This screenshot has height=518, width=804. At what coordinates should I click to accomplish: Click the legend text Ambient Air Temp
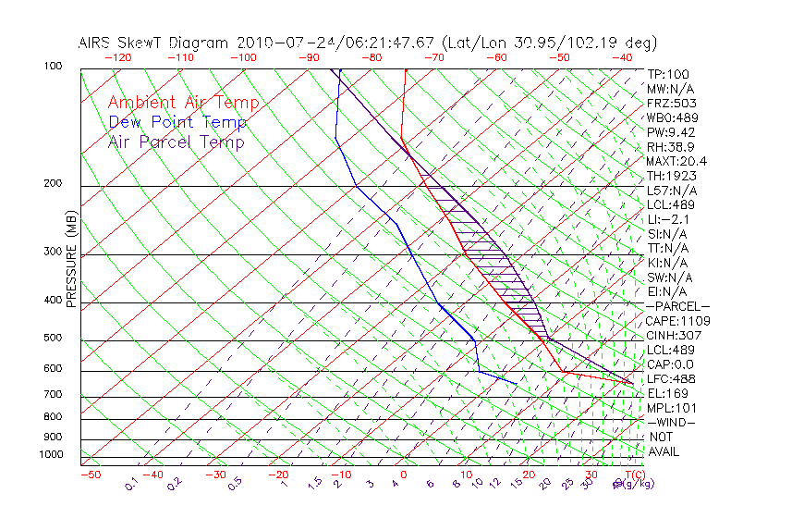click(x=183, y=104)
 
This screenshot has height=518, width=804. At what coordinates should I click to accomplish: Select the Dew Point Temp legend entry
click(x=177, y=123)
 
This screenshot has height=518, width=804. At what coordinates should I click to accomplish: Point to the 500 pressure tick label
click(x=53, y=339)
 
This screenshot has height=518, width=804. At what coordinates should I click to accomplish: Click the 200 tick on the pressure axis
click(x=53, y=184)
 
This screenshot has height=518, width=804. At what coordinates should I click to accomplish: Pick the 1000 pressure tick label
click(x=51, y=455)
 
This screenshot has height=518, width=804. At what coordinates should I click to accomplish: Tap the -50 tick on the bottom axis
click(x=90, y=475)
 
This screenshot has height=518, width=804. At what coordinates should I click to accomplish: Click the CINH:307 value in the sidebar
click(x=673, y=336)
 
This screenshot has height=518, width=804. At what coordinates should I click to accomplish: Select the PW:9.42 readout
click(x=670, y=132)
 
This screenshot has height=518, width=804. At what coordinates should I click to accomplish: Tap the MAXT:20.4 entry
click(x=676, y=161)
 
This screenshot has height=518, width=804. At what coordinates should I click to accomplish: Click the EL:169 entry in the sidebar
click(x=667, y=393)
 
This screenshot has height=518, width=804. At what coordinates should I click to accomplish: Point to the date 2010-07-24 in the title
click(x=276, y=43)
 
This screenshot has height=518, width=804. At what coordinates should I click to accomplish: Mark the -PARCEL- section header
click(x=677, y=306)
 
